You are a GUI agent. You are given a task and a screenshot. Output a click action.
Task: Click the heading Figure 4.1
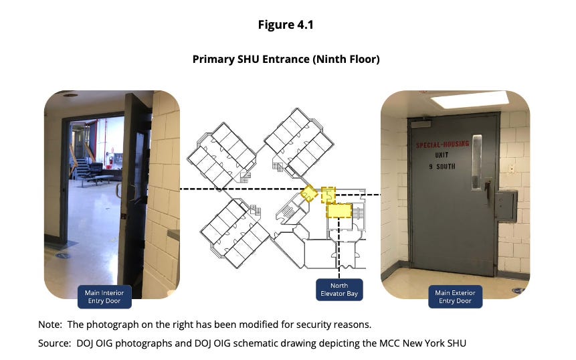(x=286, y=25)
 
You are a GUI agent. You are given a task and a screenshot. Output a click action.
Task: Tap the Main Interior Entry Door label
(x=104, y=296)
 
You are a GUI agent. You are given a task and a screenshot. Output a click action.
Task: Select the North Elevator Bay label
(x=339, y=290)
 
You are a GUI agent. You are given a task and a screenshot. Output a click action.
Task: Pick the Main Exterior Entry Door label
(x=455, y=296)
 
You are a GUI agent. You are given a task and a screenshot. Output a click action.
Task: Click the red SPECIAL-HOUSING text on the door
(x=442, y=144)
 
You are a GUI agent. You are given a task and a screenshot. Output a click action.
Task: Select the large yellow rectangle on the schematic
(x=339, y=211)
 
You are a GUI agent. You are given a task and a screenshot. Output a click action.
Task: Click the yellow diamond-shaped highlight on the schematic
(x=309, y=194)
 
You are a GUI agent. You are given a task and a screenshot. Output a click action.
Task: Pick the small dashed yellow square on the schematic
(x=328, y=193)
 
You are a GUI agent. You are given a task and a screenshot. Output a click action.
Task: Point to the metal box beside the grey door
(x=506, y=205)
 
